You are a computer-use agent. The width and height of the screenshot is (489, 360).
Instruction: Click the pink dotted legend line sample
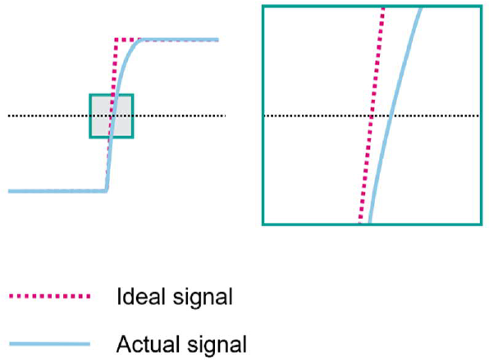50,296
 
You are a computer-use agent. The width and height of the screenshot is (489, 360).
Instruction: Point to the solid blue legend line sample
50,344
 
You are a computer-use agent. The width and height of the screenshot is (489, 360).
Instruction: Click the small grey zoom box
112,116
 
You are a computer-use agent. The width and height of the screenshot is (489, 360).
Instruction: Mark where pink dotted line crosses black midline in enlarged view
371,116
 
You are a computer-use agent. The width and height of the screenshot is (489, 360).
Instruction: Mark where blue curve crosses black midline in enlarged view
391,116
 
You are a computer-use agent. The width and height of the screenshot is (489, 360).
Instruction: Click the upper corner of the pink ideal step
116,40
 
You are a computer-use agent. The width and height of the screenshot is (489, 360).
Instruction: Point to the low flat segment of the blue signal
57,191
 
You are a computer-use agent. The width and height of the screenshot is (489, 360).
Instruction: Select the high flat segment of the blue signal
180,40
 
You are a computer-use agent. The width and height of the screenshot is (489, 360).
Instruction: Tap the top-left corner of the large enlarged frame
263,7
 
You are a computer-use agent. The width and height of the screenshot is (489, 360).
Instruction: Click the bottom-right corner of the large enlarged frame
482,224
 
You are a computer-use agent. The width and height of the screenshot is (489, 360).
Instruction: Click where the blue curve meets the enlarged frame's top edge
420,7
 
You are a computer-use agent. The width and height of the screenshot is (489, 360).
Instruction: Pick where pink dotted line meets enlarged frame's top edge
383,7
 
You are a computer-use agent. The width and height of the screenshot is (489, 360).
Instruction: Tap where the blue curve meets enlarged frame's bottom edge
370,223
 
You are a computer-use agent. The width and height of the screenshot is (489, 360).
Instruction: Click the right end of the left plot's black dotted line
225,116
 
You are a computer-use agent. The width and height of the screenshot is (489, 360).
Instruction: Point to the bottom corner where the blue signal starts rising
107,191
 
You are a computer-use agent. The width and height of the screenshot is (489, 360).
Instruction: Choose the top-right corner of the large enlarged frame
482,7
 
